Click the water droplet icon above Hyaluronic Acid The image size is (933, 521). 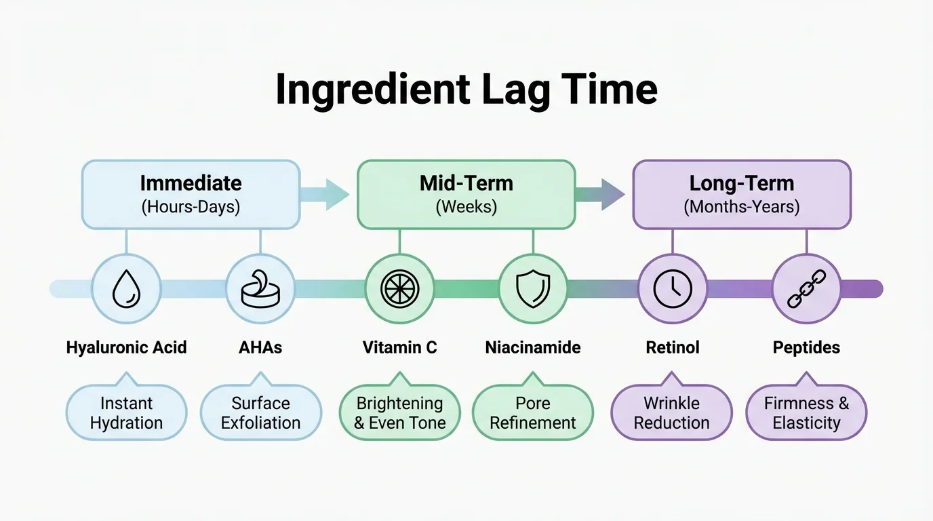[126, 289]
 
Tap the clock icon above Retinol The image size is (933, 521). [673, 289]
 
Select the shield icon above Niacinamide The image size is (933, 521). [533, 289]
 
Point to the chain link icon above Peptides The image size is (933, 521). [806, 289]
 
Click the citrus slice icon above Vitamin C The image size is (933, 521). [399, 289]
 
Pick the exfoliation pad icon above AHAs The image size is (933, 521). [260, 289]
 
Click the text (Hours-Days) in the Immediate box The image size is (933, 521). [191, 206]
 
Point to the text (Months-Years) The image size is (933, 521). [742, 206]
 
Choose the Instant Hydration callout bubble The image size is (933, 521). [126, 412]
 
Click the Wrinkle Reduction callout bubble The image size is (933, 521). [671, 412]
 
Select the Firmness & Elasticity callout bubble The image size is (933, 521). [806, 412]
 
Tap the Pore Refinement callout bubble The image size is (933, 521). [533, 412]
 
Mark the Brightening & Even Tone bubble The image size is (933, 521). [399, 412]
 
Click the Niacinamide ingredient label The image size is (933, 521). [533, 348]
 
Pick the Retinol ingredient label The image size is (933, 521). [673, 348]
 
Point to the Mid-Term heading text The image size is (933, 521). [466, 183]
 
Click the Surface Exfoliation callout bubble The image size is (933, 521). [260, 412]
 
